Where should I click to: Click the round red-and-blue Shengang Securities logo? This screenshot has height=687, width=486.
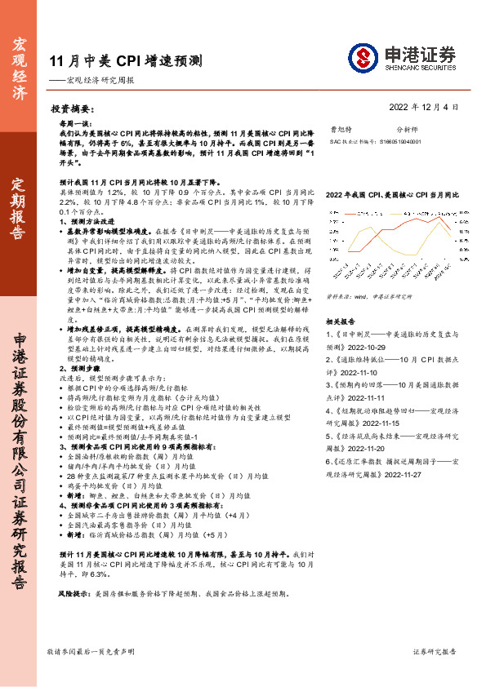[x=364, y=58]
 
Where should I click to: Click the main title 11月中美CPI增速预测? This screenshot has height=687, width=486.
[x=126, y=60]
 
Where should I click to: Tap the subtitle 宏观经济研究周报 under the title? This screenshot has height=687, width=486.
[x=99, y=81]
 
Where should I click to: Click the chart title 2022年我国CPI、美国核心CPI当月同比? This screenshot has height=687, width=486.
[x=392, y=196]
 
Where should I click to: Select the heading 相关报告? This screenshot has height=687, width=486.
[x=340, y=299]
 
